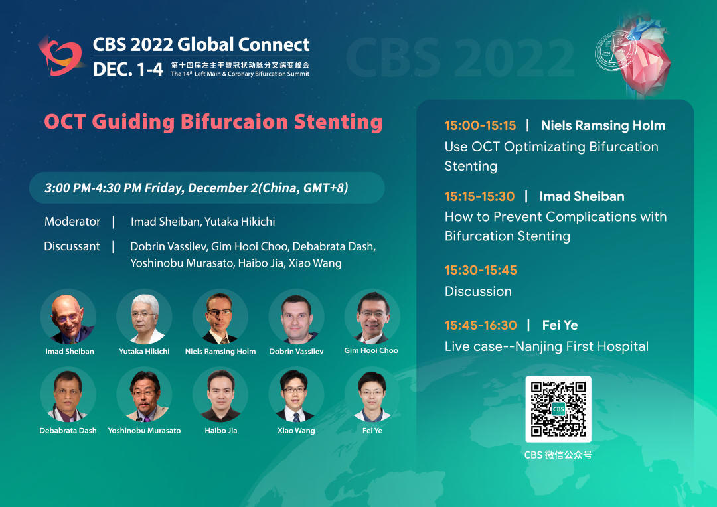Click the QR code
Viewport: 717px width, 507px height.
558,409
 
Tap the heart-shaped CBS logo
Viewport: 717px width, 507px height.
61,56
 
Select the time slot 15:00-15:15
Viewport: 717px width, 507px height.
480,125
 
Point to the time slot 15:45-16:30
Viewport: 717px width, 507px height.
481,325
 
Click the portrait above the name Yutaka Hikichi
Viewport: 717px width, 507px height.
144,317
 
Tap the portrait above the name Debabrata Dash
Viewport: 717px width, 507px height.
68,395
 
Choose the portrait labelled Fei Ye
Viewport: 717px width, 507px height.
372,395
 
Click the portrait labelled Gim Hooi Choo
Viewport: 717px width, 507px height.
372,317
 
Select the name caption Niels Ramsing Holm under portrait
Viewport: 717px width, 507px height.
220,351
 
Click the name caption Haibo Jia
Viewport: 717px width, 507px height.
221,430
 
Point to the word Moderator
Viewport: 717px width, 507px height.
72,222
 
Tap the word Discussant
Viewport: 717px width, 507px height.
72,246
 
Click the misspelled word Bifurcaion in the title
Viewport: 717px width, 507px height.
234,121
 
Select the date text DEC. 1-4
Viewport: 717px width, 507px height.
127,69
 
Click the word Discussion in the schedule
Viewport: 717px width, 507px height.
478,291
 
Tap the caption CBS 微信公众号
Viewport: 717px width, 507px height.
558,455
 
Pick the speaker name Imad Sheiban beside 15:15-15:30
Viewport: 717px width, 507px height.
582,196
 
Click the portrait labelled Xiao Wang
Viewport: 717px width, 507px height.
296,395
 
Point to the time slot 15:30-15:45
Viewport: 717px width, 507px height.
481,270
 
